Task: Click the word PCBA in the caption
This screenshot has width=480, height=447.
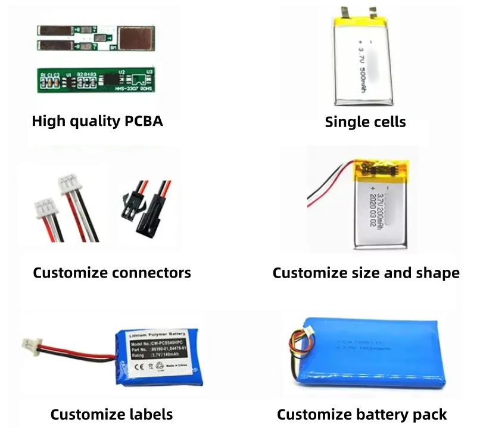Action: click(143, 121)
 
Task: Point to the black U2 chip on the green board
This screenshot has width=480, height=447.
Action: click(111, 77)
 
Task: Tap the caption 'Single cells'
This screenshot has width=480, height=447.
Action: click(365, 122)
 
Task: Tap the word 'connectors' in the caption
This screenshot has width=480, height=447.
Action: click(154, 273)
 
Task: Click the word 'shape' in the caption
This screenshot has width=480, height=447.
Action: click(438, 273)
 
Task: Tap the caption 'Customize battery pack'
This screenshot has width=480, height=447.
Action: click(361, 414)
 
